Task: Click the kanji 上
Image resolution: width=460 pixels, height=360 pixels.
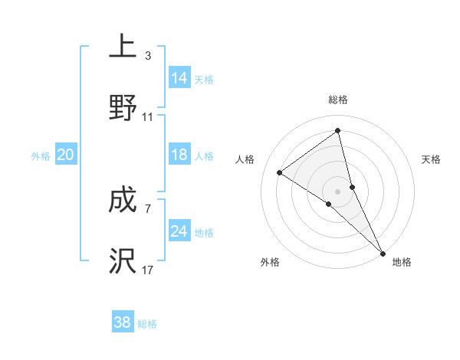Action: coord(123,47)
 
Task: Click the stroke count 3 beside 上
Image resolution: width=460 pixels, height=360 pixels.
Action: coord(147,56)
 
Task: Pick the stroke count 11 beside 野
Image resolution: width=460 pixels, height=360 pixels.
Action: coord(148,117)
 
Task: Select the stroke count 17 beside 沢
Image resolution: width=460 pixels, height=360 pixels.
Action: coord(148,270)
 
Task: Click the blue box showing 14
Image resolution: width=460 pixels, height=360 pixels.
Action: coord(179,78)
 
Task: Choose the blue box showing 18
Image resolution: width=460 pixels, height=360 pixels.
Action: coord(179,155)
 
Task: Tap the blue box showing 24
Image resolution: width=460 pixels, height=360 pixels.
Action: coord(179,231)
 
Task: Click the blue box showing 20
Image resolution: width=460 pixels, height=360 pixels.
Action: coord(65,155)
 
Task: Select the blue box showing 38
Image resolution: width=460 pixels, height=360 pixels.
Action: coord(123,322)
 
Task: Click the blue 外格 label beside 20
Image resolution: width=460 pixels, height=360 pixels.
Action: coord(41,156)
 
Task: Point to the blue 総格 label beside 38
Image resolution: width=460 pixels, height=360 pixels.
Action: coord(147,324)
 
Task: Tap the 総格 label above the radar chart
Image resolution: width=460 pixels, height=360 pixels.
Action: coord(338,100)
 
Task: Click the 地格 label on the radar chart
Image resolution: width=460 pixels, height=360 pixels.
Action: coord(402,263)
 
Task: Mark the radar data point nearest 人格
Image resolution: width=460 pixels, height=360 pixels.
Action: coord(280,173)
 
